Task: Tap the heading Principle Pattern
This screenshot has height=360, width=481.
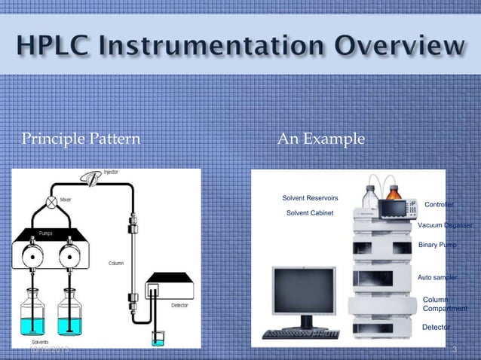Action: click(81, 139)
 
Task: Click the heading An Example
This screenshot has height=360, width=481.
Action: click(321, 139)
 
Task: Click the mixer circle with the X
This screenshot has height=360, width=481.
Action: click(51, 202)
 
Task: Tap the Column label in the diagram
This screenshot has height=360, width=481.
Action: click(115, 264)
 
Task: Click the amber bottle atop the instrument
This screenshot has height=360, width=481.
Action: click(393, 197)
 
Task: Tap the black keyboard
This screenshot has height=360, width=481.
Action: click(300, 334)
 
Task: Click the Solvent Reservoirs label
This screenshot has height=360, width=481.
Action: click(310, 198)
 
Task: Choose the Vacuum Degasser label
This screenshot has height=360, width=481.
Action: click(445, 225)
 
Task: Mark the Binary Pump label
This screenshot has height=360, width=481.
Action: click(437, 246)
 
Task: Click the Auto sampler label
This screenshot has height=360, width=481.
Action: click(437, 278)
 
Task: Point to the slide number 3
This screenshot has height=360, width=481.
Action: click(455, 350)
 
